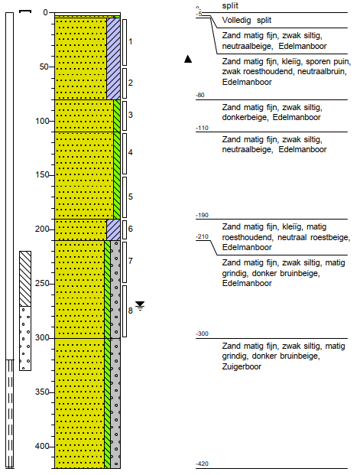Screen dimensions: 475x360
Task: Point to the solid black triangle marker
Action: (188, 59)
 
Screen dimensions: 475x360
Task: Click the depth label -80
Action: (201, 96)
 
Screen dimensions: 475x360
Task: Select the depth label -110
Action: (203, 128)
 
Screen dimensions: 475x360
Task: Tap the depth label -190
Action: (203, 216)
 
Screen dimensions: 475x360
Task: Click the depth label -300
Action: (203, 334)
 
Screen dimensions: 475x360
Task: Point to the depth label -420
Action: (203, 464)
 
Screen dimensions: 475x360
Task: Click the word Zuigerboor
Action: (242, 366)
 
